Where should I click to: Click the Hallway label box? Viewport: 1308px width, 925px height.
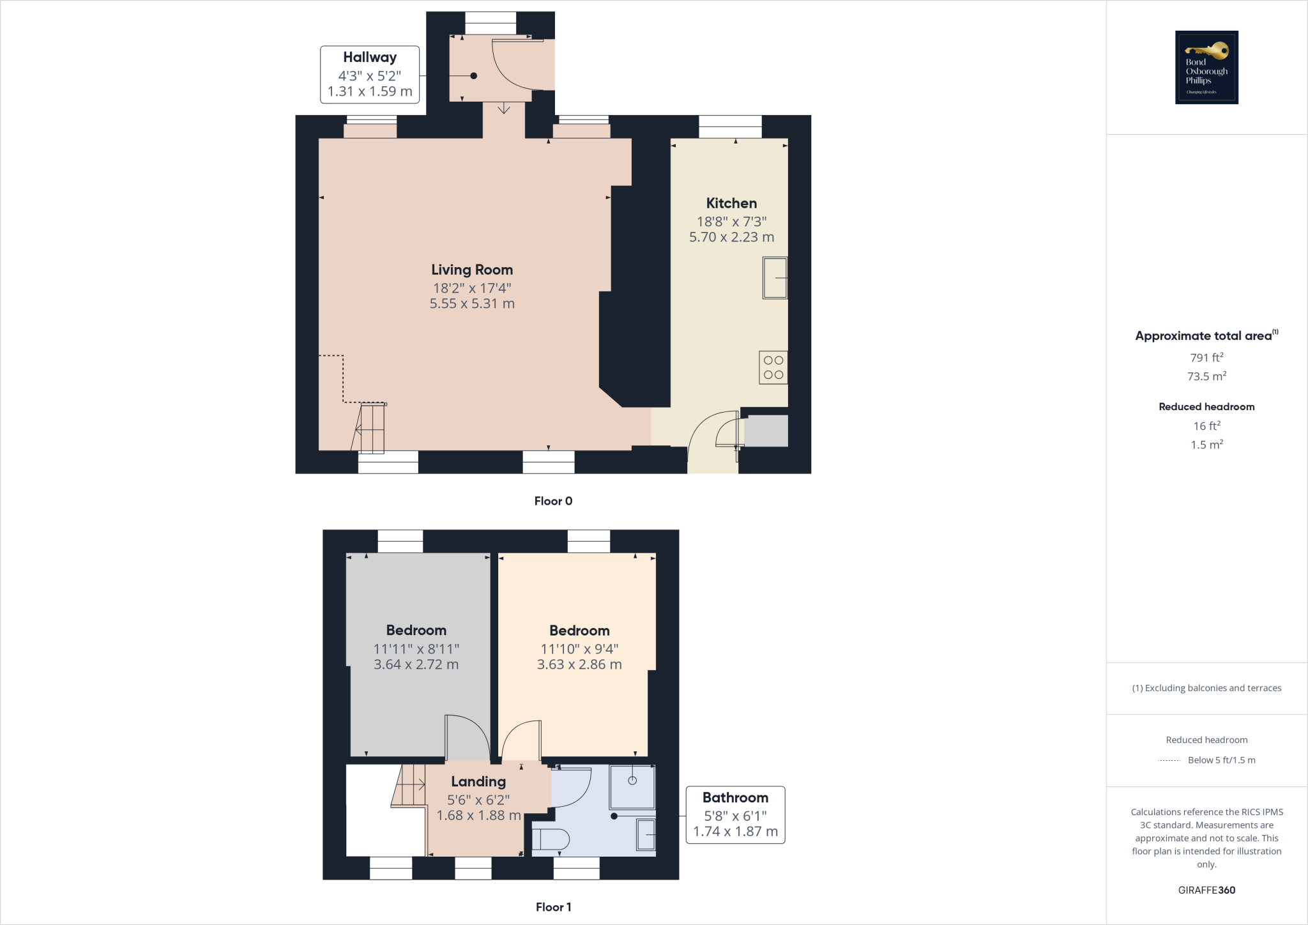coord(370,74)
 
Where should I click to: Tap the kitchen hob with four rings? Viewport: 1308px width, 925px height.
coord(773,367)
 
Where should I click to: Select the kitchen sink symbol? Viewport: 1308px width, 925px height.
coord(775,278)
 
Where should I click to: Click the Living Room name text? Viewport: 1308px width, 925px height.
coord(472,270)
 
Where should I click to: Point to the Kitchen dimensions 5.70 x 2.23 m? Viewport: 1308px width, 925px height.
coord(731,237)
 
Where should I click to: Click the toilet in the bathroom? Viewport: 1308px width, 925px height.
coord(550,839)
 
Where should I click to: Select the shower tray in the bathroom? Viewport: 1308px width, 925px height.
coord(632,786)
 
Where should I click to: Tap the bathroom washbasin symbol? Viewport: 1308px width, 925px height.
coord(646,834)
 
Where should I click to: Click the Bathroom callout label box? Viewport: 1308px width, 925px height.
coord(735,814)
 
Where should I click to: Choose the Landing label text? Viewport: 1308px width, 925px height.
coord(478,781)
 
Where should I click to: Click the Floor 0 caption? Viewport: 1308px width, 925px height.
coord(553,501)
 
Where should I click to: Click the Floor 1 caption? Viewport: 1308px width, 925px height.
coord(553,907)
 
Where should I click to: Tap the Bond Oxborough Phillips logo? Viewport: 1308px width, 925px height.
coord(1206,68)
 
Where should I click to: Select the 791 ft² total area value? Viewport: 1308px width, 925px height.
coord(1206,358)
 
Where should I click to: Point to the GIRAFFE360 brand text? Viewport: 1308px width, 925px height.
coord(1206,890)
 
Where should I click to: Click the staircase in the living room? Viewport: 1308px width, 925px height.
coord(370,428)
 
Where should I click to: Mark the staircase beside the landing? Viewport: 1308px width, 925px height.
coord(409,785)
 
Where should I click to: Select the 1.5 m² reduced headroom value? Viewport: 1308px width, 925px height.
coord(1206,445)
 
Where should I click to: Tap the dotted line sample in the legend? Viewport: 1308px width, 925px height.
coord(1169,760)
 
